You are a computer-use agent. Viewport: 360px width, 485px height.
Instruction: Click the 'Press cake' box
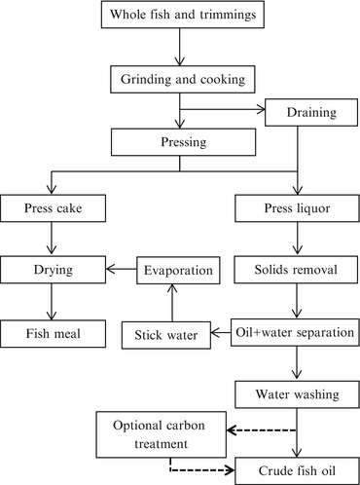(x=48, y=206)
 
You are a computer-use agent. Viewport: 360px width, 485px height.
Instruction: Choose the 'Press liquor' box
(x=297, y=206)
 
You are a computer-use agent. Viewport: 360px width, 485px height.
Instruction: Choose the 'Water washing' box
(x=297, y=395)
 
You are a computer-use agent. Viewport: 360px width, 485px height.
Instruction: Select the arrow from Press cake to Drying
(x=48, y=238)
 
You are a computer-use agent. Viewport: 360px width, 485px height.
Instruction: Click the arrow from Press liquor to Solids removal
(x=297, y=238)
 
